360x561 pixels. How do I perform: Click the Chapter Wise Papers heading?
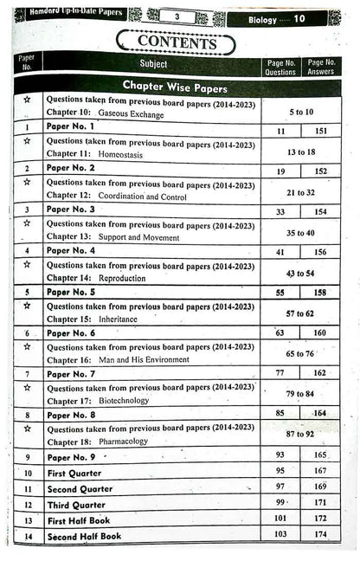coord(175,85)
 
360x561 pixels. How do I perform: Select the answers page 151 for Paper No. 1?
coord(321,131)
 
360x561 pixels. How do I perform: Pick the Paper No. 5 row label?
coord(71,292)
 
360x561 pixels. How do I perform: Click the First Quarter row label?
coord(74,473)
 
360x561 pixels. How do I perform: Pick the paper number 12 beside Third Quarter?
coord(28,504)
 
